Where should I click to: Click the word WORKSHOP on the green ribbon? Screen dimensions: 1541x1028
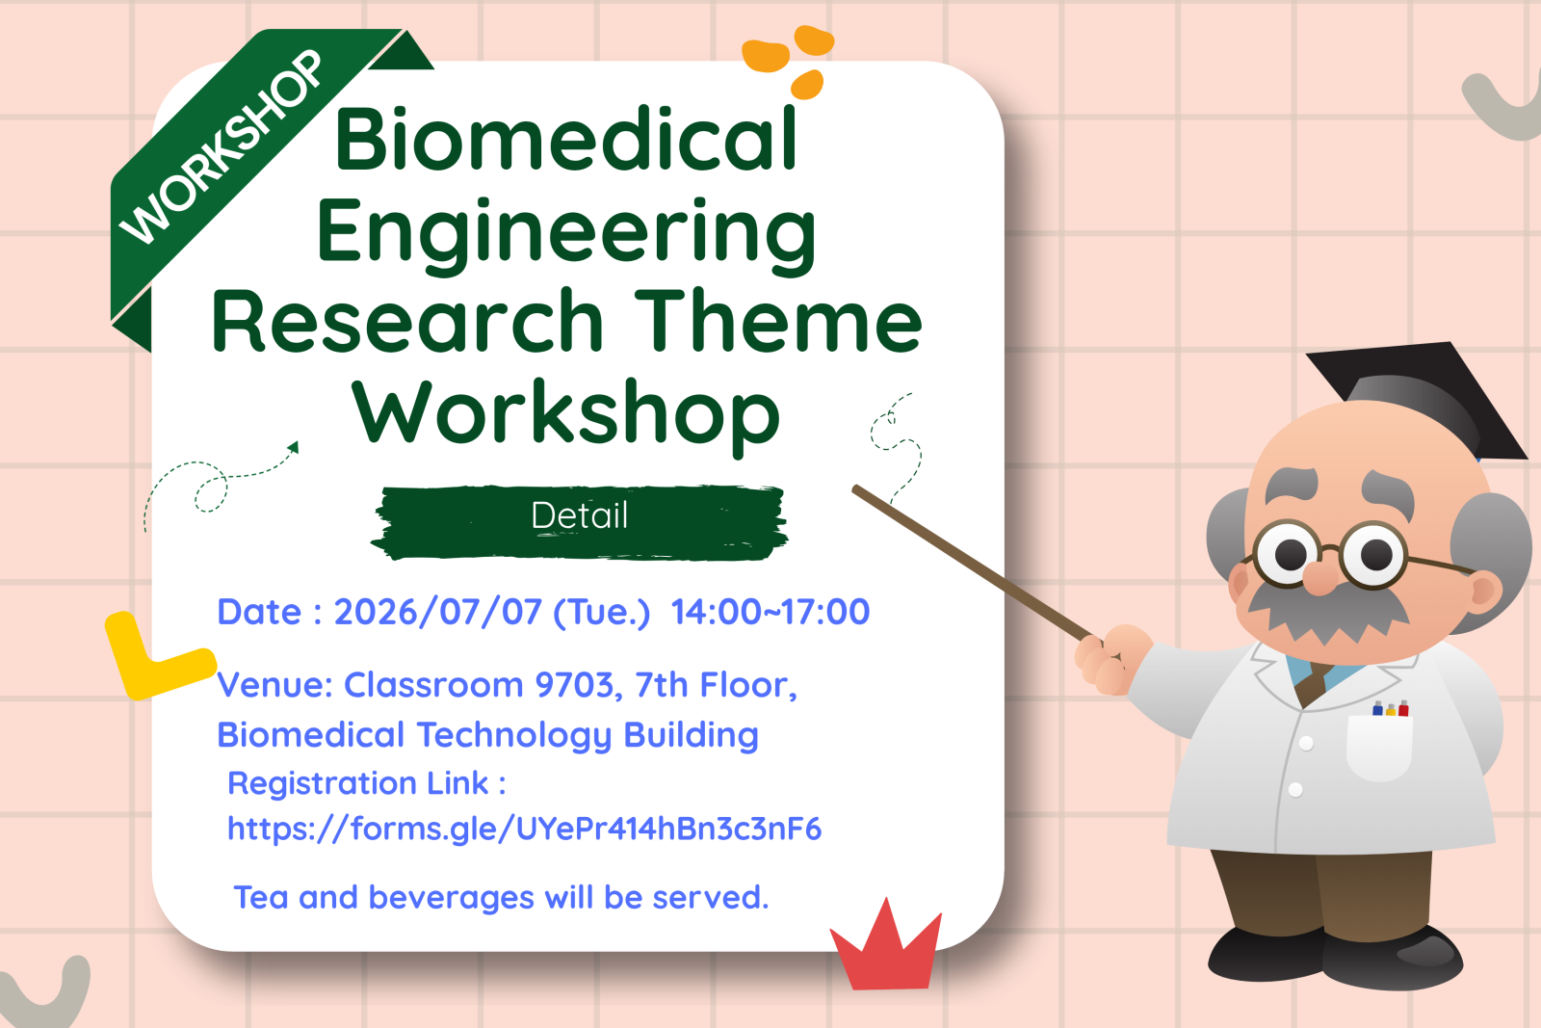[221, 146]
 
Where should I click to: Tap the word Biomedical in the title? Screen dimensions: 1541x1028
[566, 140]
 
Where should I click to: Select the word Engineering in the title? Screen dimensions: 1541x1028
[565, 235]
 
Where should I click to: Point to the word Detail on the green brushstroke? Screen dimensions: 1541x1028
[579, 515]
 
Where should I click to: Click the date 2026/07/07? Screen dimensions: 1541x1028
[437, 612]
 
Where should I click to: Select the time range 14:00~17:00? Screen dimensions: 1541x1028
[770, 612]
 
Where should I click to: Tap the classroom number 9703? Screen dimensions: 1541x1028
[574, 685]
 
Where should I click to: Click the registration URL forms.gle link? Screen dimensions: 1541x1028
[524, 829]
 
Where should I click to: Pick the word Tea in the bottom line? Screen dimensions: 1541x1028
[261, 897]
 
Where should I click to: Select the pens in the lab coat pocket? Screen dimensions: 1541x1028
[1391, 708]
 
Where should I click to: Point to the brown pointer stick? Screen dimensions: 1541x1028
[973, 563]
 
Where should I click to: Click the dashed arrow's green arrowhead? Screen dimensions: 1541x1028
[294, 447]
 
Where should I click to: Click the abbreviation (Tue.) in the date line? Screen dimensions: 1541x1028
[601, 613]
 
